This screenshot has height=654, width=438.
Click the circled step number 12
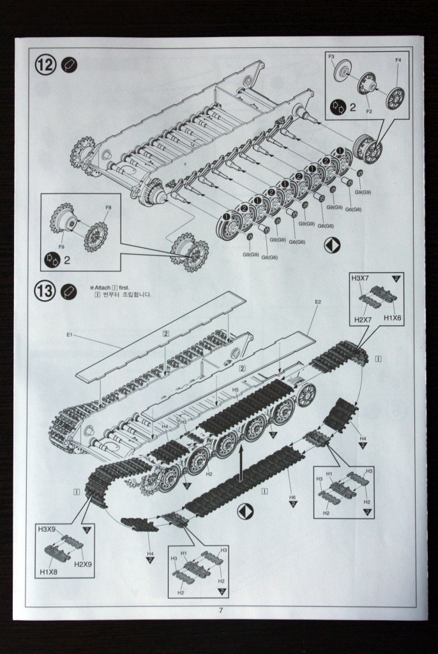tap(45, 65)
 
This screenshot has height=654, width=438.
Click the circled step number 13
tap(45, 291)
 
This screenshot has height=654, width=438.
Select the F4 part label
tap(398, 60)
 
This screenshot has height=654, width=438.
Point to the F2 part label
tap(369, 112)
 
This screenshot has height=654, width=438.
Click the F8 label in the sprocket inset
tap(109, 208)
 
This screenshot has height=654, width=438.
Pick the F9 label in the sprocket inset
tap(61, 246)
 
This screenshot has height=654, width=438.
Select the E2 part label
tap(318, 301)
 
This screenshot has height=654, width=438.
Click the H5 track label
tap(236, 390)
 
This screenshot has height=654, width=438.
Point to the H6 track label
tap(292, 498)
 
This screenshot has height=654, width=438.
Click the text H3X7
tap(361, 278)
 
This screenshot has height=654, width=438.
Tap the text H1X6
tap(393, 318)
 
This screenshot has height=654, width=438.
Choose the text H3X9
tap(47, 529)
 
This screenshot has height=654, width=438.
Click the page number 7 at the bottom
tap(221, 610)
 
